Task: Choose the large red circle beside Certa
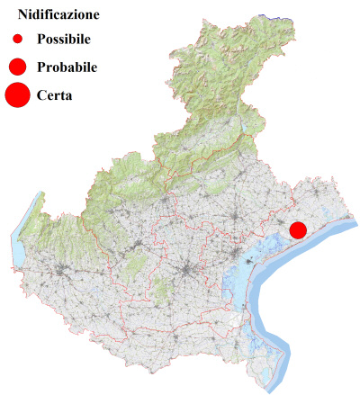pos(18,94)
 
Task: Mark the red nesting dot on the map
pos(298,230)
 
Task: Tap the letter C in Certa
pos(42,94)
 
